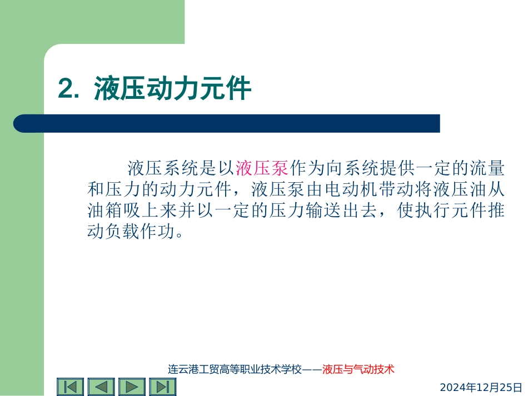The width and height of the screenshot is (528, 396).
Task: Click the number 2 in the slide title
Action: click(x=66, y=89)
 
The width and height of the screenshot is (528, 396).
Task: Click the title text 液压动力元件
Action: click(x=172, y=89)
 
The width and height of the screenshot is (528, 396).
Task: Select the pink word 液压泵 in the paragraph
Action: click(x=262, y=167)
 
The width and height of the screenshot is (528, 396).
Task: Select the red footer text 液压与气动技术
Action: click(x=358, y=369)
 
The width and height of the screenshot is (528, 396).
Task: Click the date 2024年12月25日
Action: click(x=481, y=387)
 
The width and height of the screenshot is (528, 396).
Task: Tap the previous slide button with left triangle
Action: click(x=101, y=387)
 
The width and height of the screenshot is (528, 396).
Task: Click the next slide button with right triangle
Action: click(x=131, y=387)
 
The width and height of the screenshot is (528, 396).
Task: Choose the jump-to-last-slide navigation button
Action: click(x=162, y=387)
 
